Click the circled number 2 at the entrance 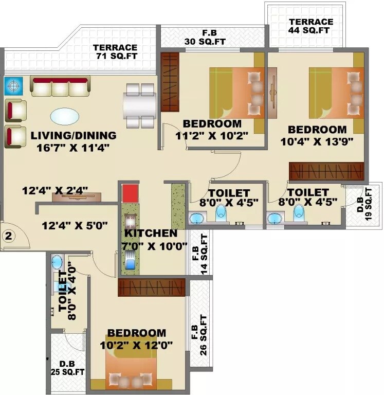pyautogui.click(x=8, y=237)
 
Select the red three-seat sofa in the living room pyautogui.click(x=60, y=86)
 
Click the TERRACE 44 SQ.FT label pyautogui.click(x=310, y=26)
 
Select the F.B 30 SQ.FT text pyautogui.click(x=212, y=38)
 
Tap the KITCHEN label pyautogui.click(x=151, y=234)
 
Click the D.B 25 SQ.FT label pyautogui.click(x=67, y=367)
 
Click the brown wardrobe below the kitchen pyautogui.click(x=151, y=288)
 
